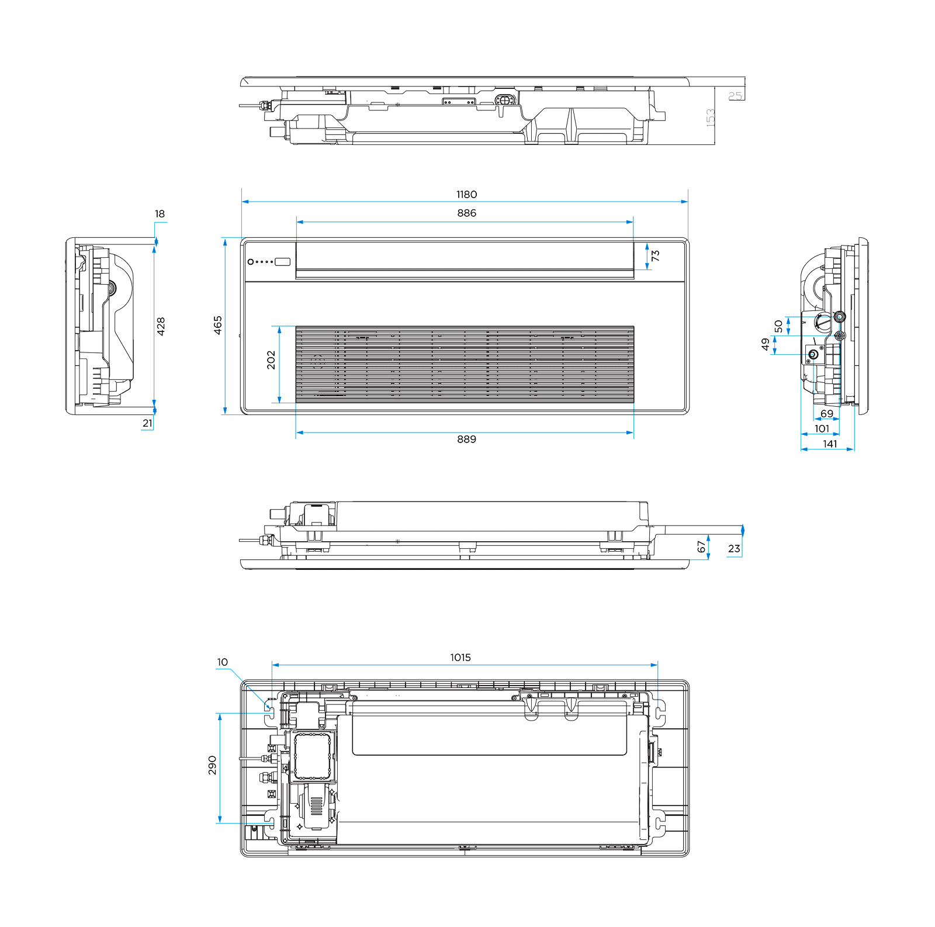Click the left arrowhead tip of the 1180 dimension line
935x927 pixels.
[242, 202]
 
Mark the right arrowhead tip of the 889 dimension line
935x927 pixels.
[633, 433]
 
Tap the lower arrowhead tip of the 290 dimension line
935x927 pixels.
[220, 823]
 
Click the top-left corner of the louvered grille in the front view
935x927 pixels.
[296, 327]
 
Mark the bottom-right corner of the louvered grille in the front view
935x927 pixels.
[634, 403]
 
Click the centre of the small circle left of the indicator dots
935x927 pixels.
[251, 262]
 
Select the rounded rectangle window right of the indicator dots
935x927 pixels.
[283, 262]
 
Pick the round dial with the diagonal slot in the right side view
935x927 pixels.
[822, 322]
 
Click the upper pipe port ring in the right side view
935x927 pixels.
[840, 317]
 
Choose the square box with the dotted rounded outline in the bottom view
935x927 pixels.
[314, 756]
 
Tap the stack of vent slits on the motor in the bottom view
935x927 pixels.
[316, 805]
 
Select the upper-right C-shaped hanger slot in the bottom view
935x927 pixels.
[659, 710]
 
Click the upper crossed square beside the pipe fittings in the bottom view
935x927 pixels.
[272, 748]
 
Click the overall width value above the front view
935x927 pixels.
[466, 195]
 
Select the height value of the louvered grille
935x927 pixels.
[271, 360]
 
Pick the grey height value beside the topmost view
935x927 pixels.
[711, 117]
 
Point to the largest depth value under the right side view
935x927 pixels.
[830, 444]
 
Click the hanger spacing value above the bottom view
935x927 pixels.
[460, 658]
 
